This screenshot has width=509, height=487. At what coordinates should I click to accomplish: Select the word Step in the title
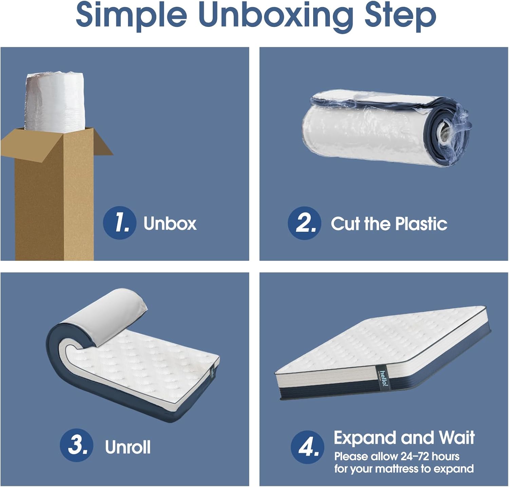400,16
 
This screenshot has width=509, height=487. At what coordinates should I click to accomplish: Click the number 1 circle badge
119,223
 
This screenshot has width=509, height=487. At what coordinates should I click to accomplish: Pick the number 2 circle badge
304,223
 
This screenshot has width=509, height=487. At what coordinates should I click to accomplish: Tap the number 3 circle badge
76,446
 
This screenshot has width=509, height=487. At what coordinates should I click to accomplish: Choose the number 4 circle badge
307,447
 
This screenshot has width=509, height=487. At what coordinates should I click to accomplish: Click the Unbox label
170,224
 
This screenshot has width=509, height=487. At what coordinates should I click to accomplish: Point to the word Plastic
421,224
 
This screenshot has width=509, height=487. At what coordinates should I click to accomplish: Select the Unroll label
128,447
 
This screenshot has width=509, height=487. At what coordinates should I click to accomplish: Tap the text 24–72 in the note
413,456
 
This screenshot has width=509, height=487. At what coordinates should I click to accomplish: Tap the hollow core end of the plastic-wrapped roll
445,130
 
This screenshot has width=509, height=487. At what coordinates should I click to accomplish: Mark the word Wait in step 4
456,438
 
